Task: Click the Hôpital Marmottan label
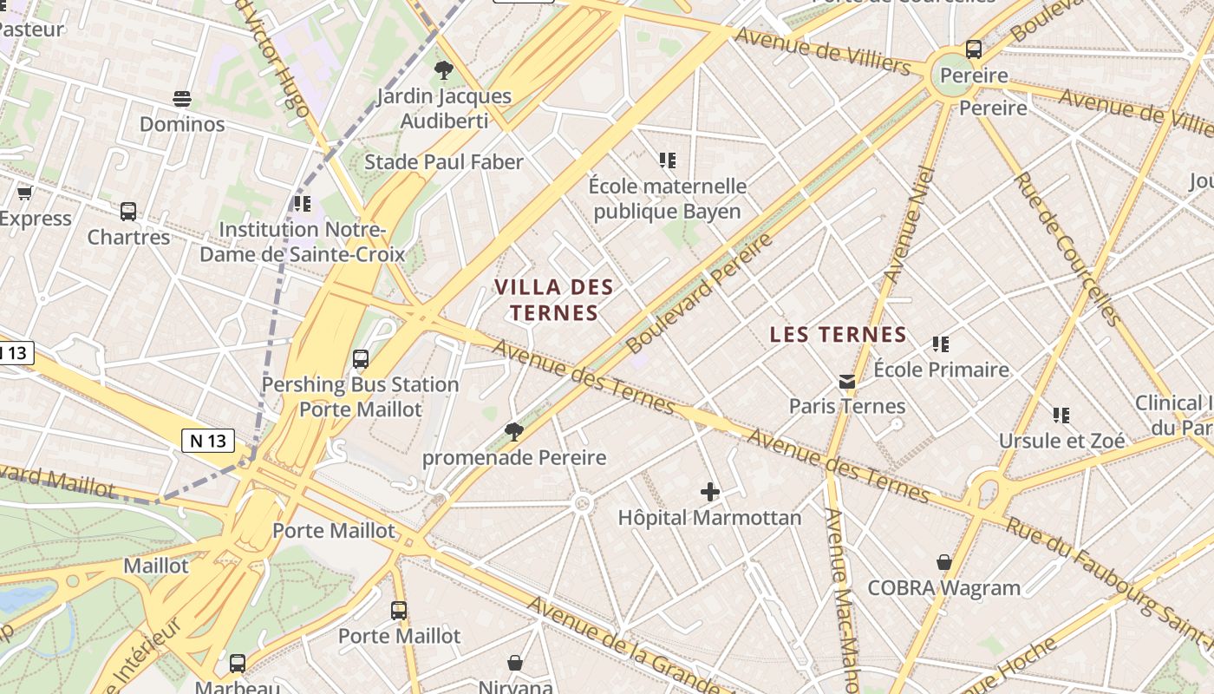[x=709, y=518]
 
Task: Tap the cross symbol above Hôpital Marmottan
[x=710, y=492]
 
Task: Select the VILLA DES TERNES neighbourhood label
[x=554, y=299]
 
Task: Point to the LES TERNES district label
[x=838, y=335]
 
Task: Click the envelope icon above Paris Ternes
[x=846, y=381]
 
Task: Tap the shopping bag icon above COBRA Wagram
[x=944, y=563]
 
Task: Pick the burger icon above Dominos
[x=182, y=99]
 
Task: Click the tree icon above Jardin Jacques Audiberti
[x=444, y=70]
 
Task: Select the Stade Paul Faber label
[x=444, y=162]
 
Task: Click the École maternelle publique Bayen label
[x=667, y=199]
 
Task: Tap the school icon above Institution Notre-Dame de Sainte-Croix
[x=302, y=204]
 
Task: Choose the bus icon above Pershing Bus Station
[x=361, y=358]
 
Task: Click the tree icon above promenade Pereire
[x=514, y=431]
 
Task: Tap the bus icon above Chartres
[x=128, y=211]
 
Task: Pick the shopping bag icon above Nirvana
[x=515, y=664]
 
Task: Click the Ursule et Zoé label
[x=1061, y=441]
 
